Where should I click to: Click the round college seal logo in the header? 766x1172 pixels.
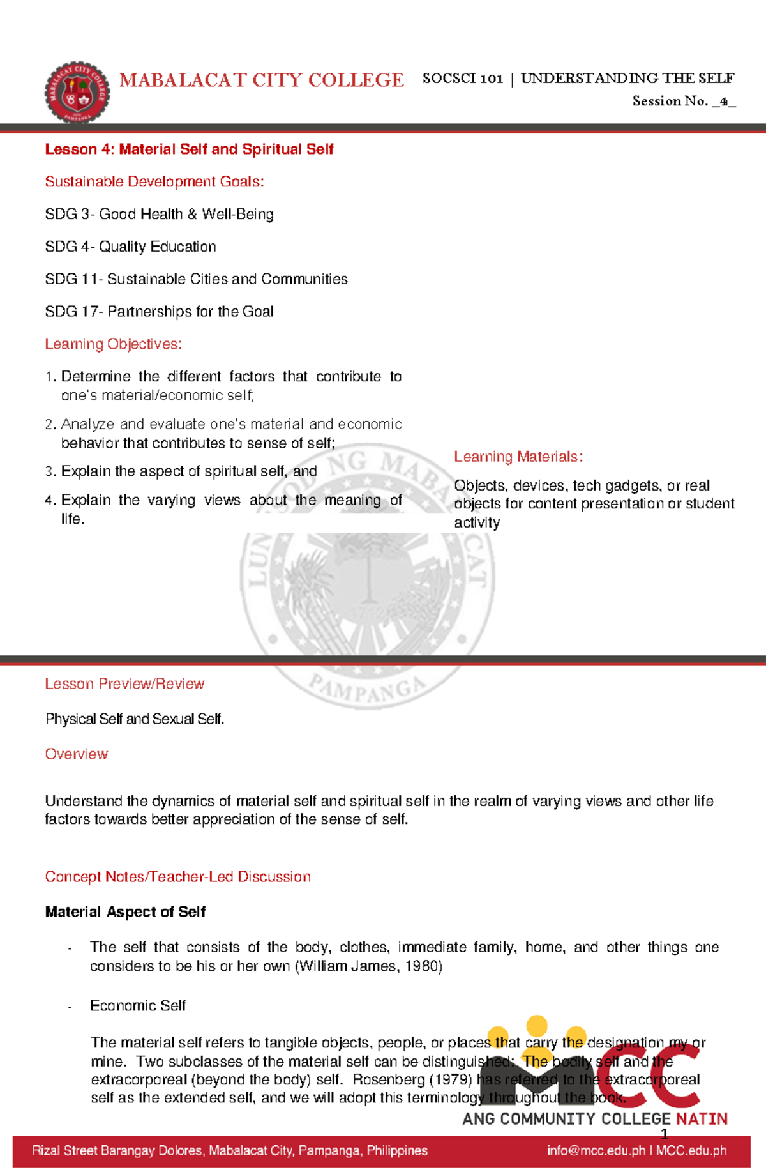point(77,93)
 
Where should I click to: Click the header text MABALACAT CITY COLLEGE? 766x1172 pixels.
point(262,80)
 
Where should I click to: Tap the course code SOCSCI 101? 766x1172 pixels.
point(462,79)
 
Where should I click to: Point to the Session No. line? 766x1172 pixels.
point(683,102)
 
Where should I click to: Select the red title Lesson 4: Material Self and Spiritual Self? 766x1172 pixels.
point(189,149)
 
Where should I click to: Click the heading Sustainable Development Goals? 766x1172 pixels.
point(154,182)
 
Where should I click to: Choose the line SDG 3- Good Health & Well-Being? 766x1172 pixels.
point(160,215)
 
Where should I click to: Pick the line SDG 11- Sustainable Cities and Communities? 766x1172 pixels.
point(196,279)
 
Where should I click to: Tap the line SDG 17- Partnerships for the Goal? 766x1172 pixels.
point(160,312)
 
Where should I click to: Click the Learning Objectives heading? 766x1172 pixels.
point(114,344)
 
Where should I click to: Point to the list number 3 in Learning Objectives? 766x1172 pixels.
point(50,472)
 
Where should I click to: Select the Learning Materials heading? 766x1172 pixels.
point(518,457)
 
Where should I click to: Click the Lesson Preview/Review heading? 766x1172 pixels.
point(124,684)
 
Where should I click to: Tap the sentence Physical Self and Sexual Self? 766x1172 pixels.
point(135,719)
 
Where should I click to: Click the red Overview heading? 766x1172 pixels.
point(77,754)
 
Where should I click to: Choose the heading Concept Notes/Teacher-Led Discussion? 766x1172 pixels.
point(177,877)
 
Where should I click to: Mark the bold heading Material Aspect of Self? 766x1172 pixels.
point(125,912)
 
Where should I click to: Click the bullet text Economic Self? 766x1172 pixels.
point(138,1006)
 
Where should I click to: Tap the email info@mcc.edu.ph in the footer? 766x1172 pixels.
point(596,1151)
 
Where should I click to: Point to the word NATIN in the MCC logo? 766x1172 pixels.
point(702,1119)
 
